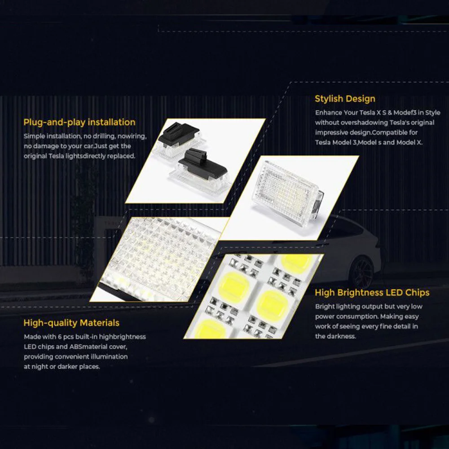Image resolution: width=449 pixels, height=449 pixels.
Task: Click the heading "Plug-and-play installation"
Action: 79,122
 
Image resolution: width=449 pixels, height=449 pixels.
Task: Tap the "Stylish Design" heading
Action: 345,99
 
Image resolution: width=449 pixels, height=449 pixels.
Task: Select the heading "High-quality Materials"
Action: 71,323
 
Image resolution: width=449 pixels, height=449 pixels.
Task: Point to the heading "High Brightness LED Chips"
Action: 372,293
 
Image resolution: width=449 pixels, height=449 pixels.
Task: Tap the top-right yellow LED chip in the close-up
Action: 296,262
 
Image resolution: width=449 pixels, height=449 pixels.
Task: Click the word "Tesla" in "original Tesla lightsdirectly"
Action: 56,156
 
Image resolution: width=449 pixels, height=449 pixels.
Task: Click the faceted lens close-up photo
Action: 160,259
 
